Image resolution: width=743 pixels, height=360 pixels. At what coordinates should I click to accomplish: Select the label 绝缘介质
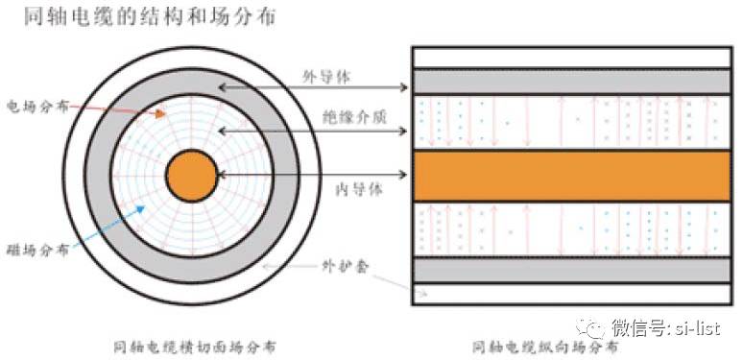[x=347, y=115]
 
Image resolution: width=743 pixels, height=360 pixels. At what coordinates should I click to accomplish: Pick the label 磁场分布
[x=32, y=250]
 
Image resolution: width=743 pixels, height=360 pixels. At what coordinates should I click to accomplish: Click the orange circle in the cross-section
[x=193, y=176]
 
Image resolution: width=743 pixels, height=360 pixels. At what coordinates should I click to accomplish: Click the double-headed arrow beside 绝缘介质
[x=316, y=129]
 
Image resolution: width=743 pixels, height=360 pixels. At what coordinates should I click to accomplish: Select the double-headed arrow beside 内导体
[x=316, y=175]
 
